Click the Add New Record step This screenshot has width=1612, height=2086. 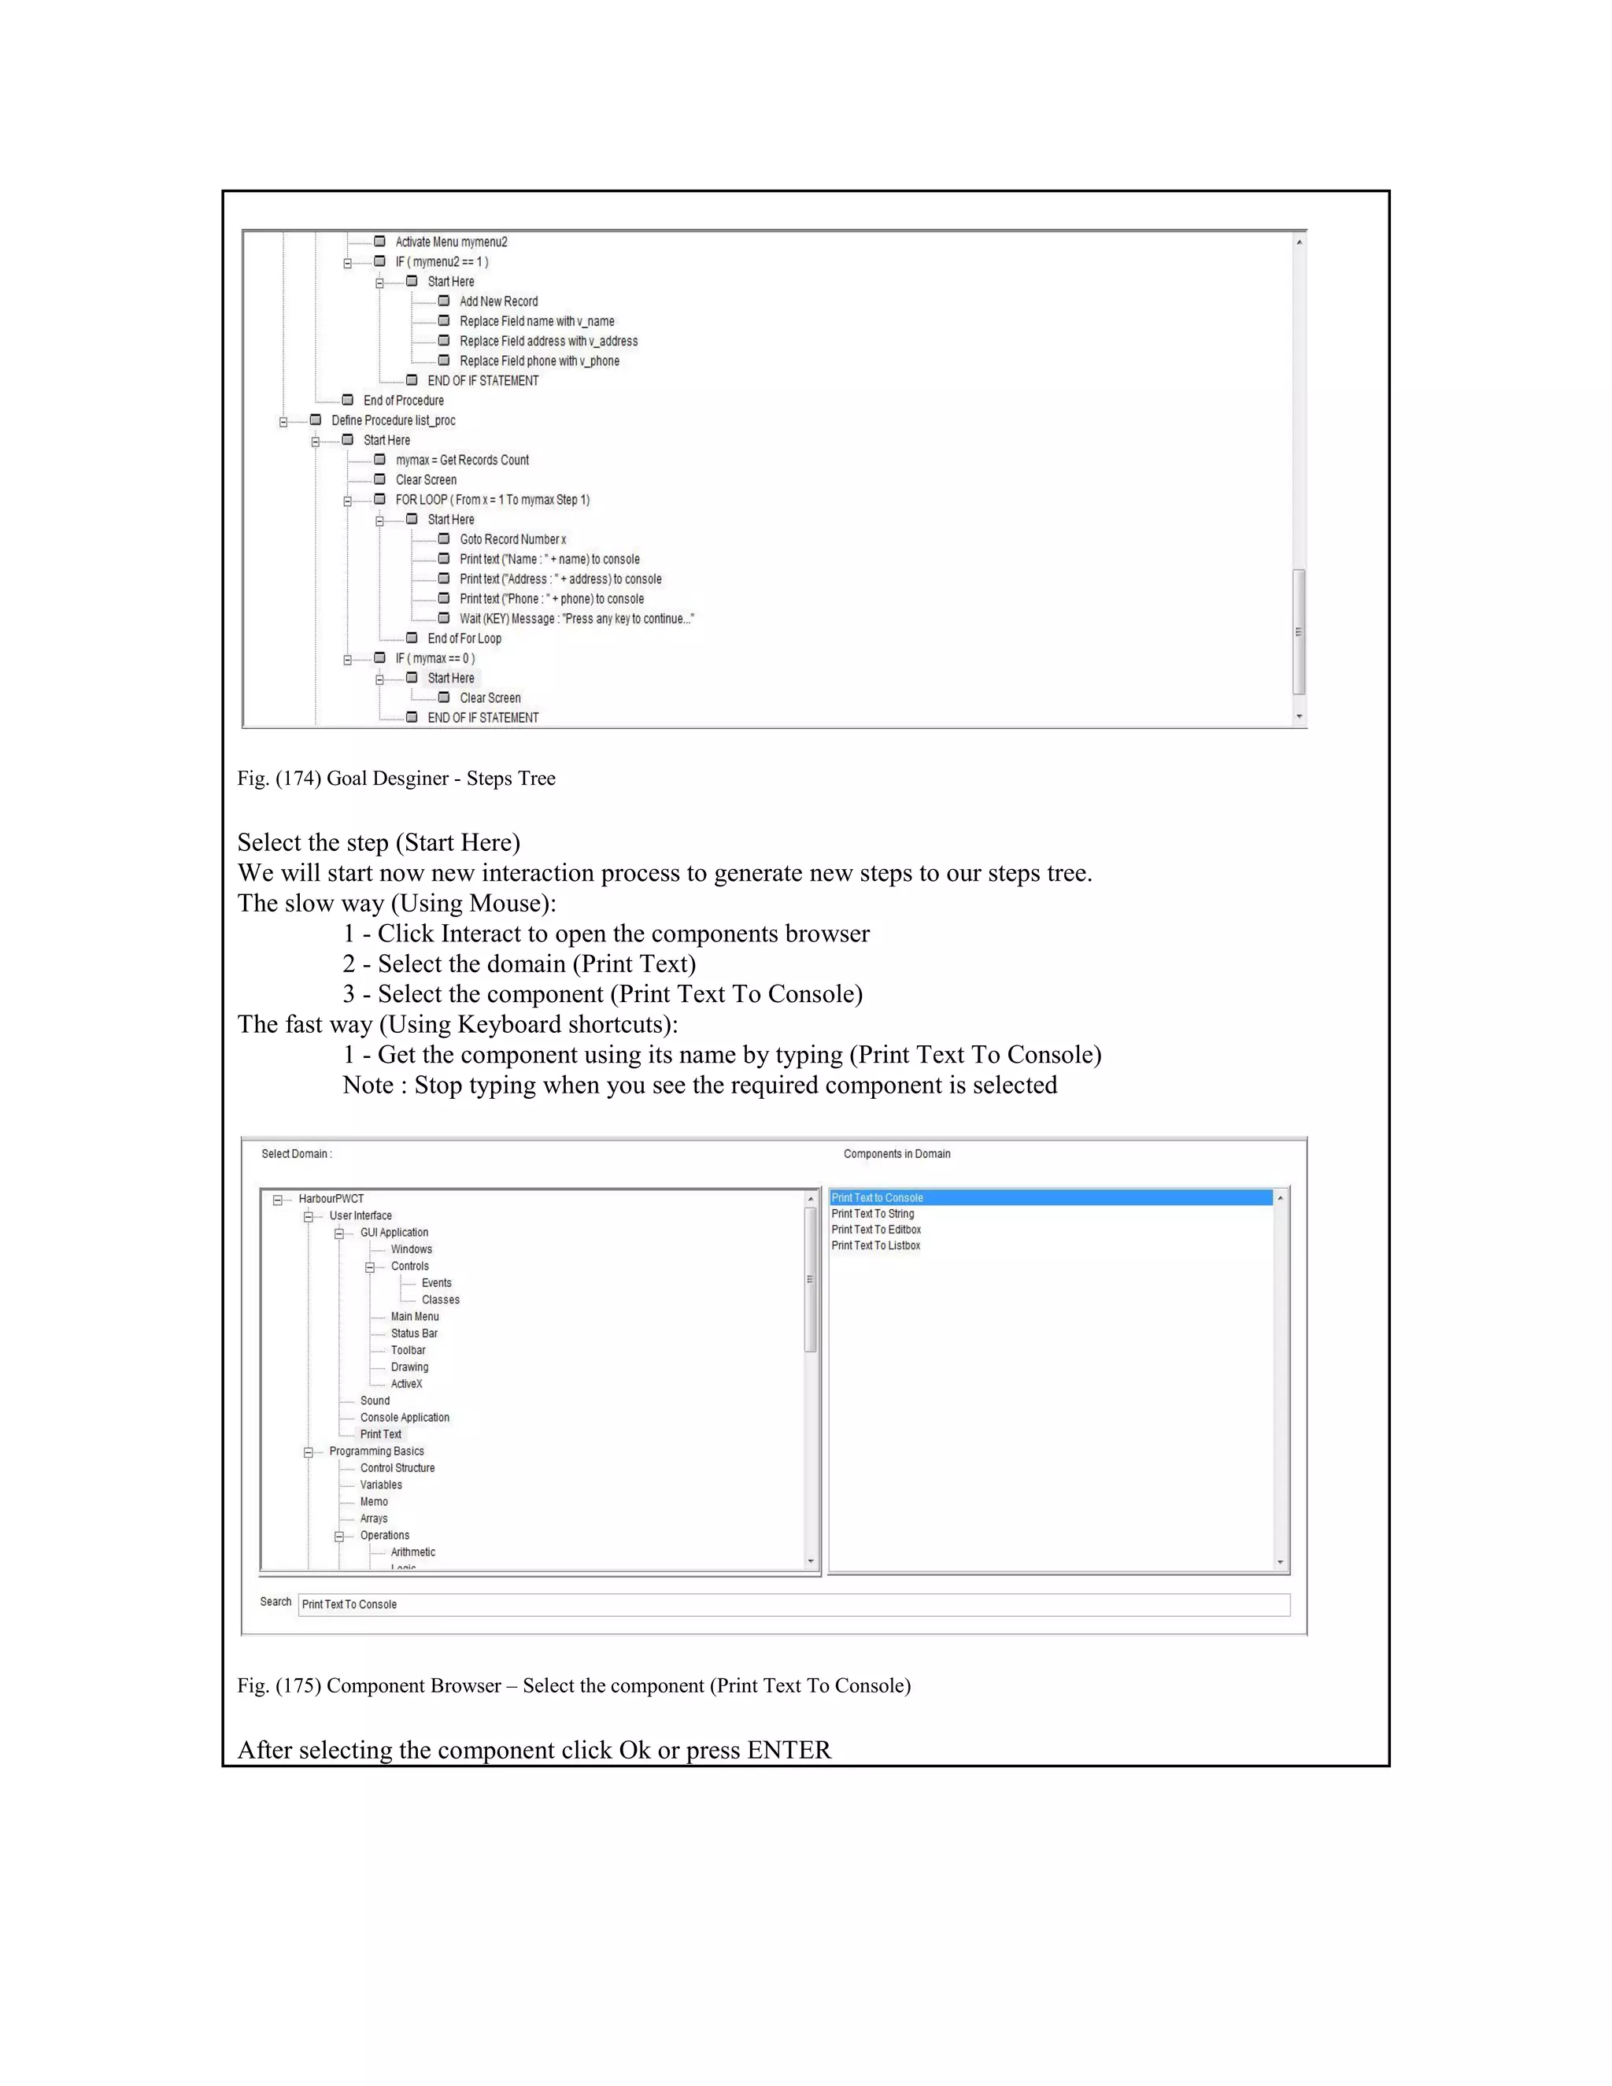coord(498,301)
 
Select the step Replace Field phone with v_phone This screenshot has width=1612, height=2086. coord(538,361)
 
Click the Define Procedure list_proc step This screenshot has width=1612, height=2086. coord(393,420)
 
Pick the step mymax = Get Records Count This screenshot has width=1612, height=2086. coord(462,460)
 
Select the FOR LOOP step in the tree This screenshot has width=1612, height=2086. coord(492,500)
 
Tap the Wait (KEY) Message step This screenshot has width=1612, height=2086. coord(576,619)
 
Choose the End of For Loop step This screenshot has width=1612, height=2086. coord(464,639)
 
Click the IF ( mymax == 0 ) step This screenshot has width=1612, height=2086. coord(434,658)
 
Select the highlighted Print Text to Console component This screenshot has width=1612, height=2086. coord(877,1198)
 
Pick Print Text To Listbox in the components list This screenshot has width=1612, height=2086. coord(876,1245)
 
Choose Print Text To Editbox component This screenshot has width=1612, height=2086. coord(876,1230)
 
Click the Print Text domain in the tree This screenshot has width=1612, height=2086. coord(381,1434)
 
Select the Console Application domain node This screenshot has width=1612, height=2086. coord(404,1418)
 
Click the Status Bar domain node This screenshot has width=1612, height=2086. coord(413,1333)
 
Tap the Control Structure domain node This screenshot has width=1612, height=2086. coord(397,1468)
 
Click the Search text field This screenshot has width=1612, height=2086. coord(793,1604)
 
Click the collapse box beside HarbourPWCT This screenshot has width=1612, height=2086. coord(278,1200)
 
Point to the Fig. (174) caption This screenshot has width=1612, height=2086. coord(397,779)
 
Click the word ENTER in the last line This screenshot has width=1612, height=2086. coord(789,1750)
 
